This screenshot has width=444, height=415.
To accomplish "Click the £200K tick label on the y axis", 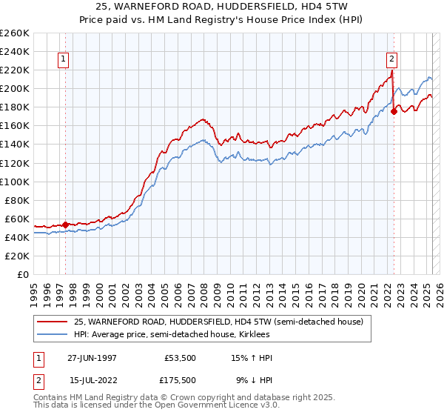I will click(x=14, y=88).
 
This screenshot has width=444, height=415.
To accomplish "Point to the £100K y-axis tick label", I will click(x=14, y=182).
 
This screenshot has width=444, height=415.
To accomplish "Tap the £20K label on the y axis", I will click(x=17, y=256).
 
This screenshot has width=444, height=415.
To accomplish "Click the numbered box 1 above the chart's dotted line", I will click(x=64, y=61).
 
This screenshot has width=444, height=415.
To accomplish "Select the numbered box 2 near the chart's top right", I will click(x=391, y=61).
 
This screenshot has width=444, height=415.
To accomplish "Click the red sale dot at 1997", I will click(x=65, y=225).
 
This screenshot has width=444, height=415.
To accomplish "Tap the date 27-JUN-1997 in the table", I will click(x=92, y=358).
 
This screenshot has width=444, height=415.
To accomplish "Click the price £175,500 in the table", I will click(x=179, y=379).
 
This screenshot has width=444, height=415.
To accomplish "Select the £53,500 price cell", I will click(x=179, y=358).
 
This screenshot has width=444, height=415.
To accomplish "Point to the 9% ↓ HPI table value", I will click(x=254, y=379).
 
